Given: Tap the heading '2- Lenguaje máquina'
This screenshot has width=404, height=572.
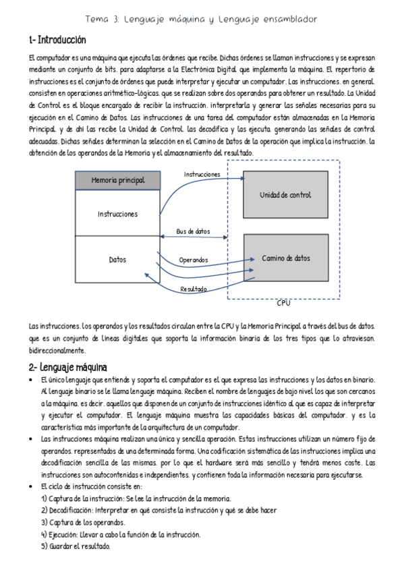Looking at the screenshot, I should pyautogui.click(x=67, y=368).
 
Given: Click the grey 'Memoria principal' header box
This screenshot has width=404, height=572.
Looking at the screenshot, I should pyautogui.click(x=117, y=181).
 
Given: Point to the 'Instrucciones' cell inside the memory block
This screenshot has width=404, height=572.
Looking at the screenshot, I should pyautogui.click(x=117, y=214).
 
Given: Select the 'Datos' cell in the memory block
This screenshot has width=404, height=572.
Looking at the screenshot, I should pyautogui.click(x=117, y=259).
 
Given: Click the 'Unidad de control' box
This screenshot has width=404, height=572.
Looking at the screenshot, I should pyautogui.click(x=285, y=195).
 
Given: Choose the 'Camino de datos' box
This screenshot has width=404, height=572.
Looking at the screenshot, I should pyautogui.click(x=285, y=258).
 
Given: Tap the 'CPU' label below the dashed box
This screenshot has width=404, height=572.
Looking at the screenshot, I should pyautogui.click(x=284, y=304).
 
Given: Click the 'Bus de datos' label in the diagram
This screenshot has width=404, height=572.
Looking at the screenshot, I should pyautogui.click(x=193, y=231).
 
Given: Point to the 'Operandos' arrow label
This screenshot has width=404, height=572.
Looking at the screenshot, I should pyautogui.click(x=194, y=260).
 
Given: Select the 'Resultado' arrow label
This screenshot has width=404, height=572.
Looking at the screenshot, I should pyautogui.click(x=193, y=289).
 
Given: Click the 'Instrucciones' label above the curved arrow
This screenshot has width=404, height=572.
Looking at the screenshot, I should pyautogui.click(x=202, y=174).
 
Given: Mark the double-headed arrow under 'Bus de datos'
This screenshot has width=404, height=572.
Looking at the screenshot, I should pyautogui.click(x=194, y=237).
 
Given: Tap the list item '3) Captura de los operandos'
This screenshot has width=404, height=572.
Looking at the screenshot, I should pyautogui.click(x=82, y=522).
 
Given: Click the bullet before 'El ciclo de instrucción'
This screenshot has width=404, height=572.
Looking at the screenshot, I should pyautogui.click(x=33, y=486).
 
